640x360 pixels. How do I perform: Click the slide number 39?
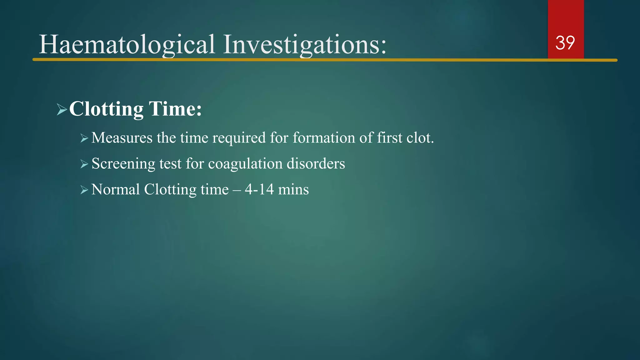tap(565, 43)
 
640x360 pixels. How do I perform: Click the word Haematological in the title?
tap(127, 45)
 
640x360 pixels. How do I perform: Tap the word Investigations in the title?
tap(305, 45)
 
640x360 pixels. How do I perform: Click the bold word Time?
tap(175, 109)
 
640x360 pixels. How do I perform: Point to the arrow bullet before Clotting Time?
tap(62, 110)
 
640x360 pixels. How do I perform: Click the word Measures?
tap(122, 138)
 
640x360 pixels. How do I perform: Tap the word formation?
tap(324, 138)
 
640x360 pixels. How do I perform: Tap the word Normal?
tap(115, 190)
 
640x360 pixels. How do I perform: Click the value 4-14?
tap(259, 190)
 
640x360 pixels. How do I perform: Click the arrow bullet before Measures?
tap(84, 138)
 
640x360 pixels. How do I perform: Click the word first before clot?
tap(389, 138)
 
